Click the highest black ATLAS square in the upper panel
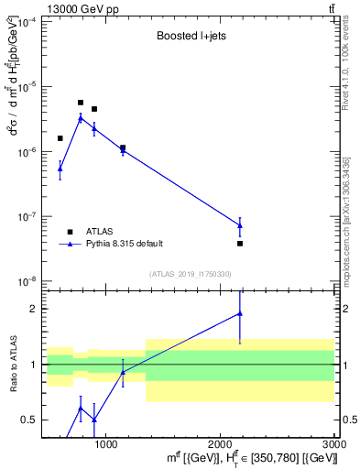tap(81, 103)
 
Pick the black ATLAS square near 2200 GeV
tap(240, 244)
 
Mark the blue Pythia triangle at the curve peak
tap(81, 118)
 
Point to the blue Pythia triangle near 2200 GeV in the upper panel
tap(240, 225)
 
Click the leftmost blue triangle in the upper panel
tap(60, 169)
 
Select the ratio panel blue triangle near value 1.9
tap(240, 314)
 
